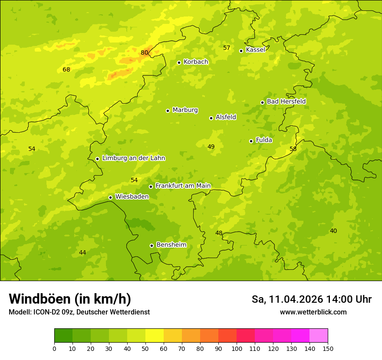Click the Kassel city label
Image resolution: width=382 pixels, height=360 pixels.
[x=255, y=50]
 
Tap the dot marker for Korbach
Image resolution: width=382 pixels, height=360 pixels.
[x=179, y=62]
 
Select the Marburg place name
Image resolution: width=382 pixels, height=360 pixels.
[x=185, y=110]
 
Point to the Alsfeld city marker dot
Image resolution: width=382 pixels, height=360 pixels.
[x=211, y=118]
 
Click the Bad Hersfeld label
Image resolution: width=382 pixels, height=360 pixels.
[x=286, y=101]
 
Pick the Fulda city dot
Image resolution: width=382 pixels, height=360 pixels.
[x=251, y=141]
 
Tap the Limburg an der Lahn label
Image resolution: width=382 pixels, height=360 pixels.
[x=133, y=158]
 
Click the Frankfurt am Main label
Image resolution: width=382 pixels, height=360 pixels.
[x=183, y=186]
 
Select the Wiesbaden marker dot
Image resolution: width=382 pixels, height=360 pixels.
[x=110, y=197]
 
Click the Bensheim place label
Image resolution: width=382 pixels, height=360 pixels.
[x=171, y=245]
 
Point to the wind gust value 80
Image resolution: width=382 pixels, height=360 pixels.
[x=145, y=53]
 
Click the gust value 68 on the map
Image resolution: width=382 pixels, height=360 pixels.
[x=66, y=69]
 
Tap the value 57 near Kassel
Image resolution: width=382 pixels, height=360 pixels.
[x=227, y=48]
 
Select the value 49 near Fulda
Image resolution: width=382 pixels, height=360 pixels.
[x=211, y=147]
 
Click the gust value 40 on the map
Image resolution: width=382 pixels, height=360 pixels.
[x=333, y=231]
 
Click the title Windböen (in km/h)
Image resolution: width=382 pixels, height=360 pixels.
[x=70, y=299]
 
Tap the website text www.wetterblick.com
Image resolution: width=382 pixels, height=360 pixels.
[x=313, y=312]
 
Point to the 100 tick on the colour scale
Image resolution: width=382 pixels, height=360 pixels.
[x=237, y=348]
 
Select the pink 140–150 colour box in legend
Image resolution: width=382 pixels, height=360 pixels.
[x=319, y=336]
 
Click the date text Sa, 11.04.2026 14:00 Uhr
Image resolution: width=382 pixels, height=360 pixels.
[x=311, y=299]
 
